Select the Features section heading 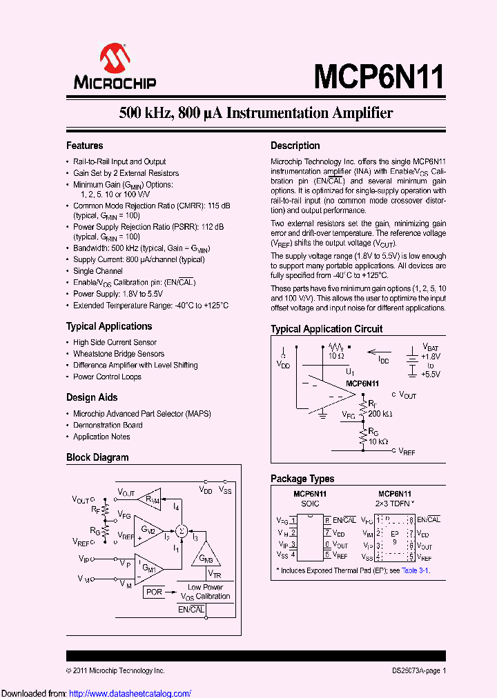84,146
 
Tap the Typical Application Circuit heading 327,329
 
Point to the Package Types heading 302,479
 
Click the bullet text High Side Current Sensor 115,342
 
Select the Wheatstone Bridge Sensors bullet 119,354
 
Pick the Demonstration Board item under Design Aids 108,425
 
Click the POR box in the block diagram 154,592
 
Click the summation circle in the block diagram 182,530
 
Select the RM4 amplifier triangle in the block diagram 150,499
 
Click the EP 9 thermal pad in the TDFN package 395,538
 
